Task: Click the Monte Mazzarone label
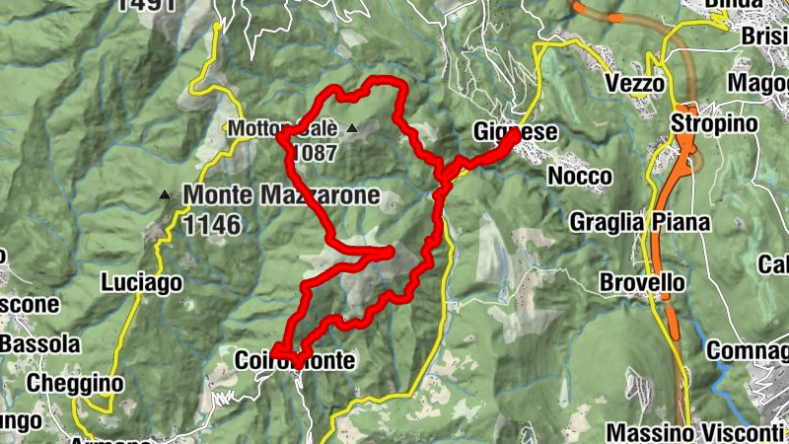(281, 195)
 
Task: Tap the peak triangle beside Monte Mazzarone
(164, 196)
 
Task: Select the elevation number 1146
(211, 224)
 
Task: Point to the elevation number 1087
(315, 153)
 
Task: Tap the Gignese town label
(516, 132)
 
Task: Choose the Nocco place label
(581, 176)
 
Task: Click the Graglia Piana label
(640, 222)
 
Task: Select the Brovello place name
(642, 283)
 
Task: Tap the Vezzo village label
(635, 84)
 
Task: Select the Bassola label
(39, 344)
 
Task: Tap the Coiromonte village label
(295, 362)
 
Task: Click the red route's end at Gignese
(515, 135)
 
